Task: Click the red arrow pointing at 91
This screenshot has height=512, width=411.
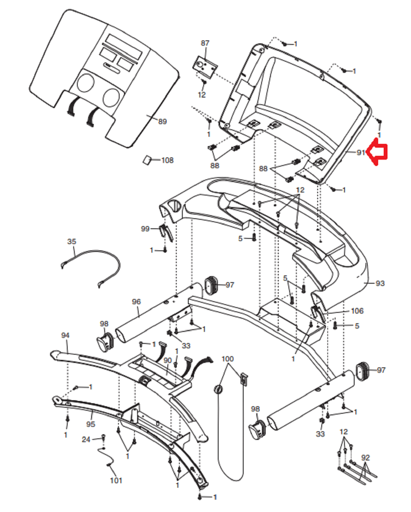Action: point(377,152)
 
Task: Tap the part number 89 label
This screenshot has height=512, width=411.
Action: point(163,121)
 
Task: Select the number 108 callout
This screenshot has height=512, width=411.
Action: point(167,160)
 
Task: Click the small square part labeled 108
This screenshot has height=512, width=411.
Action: point(147,160)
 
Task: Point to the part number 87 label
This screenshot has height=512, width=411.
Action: point(205,43)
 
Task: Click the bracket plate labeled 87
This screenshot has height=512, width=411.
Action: point(205,67)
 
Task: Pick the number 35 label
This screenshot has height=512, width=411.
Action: point(72,241)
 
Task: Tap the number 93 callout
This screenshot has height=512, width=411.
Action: point(380,283)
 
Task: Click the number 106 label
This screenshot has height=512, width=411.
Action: point(357,311)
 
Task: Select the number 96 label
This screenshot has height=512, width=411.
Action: point(136,302)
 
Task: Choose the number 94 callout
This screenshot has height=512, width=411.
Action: point(65,335)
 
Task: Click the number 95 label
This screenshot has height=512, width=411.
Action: point(91,424)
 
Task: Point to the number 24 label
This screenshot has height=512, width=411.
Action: point(86,439)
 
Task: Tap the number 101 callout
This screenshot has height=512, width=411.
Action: point(116,480)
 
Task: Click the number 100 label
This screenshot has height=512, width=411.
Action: point(228,359)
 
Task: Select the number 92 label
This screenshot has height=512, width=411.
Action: point(365,457)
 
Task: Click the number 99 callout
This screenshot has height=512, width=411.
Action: point(145,229)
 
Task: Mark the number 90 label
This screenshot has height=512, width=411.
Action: point(167,360)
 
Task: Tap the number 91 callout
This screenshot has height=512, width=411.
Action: point(361,152)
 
